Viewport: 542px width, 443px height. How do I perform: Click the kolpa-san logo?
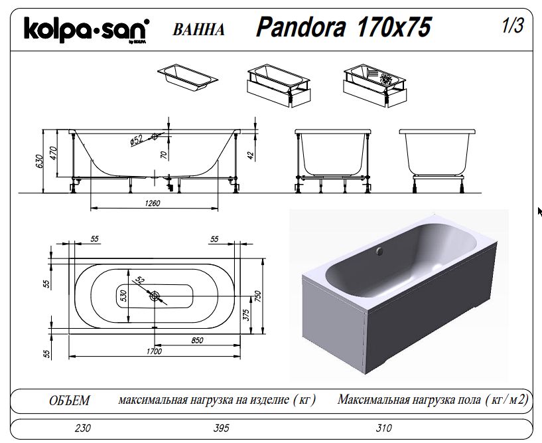click(86, 30)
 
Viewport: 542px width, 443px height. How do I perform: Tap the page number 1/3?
click(513, 25)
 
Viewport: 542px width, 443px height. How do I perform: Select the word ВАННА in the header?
click(198, 29)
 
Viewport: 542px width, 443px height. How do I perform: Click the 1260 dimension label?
click(153, 203)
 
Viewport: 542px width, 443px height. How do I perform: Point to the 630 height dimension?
click(39, 162)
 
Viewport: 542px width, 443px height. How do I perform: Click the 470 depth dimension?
click(53, 153)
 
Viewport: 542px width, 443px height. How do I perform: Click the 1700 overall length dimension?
click(154, 351)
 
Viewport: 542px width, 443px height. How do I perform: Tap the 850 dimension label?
click(197, 341)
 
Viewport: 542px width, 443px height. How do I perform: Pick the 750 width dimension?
click(258, 296)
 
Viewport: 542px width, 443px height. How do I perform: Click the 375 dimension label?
click(245, 315)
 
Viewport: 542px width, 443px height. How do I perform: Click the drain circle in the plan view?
click(155, 296)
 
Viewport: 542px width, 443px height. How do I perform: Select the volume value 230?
click(83, 428)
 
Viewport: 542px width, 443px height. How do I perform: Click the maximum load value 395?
click(221, 428)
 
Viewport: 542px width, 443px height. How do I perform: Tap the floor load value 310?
click(383, 428)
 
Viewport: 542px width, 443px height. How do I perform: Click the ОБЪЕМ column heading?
click(70, 400)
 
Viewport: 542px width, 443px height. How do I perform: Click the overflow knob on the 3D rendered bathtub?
click(380, 250)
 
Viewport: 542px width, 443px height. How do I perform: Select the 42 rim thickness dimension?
click(251, 155)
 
